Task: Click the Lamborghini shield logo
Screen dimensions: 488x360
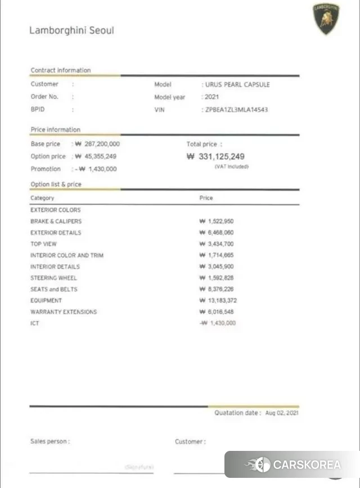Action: (326, 19)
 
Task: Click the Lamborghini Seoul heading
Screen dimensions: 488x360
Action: (71, 30)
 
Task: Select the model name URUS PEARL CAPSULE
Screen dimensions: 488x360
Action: (237, 84)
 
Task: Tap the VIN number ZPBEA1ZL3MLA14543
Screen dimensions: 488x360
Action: (236, 110)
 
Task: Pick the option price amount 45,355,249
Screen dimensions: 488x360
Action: (96, 156)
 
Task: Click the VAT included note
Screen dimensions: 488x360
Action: (231, 166)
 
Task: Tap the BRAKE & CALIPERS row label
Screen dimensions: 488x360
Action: (56, 222)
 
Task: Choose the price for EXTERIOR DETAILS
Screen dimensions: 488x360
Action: (217, 233)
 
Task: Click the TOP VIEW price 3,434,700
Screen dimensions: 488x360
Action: (217, 244)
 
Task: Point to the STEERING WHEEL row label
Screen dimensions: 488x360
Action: (53, 278)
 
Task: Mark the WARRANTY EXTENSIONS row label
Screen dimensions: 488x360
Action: (64, 311)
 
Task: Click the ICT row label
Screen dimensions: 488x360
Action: (35, 323)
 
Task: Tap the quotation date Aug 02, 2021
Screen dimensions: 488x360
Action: (282, 413)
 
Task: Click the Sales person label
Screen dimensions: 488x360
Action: (50, 442)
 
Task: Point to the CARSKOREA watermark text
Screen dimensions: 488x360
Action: (307, 465)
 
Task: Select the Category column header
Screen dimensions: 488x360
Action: (42, 198)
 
